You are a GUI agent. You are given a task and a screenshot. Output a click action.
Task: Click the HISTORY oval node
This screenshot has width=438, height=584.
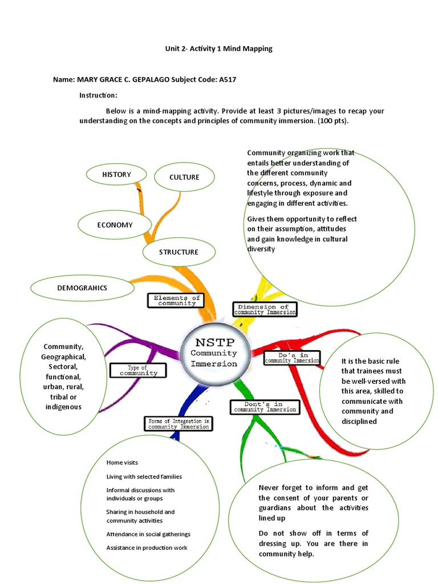(x=116, y=175)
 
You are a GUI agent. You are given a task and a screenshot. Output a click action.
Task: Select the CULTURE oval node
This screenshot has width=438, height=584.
(x=184, y=177)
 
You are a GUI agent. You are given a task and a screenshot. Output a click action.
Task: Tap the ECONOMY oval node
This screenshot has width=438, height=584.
(x=115, y=225)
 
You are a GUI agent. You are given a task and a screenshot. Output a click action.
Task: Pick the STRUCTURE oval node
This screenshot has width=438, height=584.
(x=179, y=252)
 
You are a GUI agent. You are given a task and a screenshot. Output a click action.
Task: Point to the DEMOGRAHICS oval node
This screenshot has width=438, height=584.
(x=82, y=288)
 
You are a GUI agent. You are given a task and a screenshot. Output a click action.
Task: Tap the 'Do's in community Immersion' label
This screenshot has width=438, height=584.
(x=291, y=358)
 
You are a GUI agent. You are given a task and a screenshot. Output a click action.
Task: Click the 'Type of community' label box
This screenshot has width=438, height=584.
(x=138, y=370)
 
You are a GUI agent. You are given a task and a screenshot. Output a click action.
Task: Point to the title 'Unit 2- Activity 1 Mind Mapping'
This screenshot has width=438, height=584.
(x=219, y=48)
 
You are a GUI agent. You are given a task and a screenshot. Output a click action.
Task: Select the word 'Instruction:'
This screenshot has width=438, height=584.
(x=98, y=95)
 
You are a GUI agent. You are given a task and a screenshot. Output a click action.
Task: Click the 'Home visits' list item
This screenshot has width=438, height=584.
(x=121, y=463)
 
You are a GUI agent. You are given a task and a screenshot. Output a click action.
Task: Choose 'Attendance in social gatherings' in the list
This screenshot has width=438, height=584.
(x=148, y=534)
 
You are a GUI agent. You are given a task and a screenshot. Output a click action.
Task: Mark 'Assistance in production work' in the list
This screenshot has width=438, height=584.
(x=147, y=548)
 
